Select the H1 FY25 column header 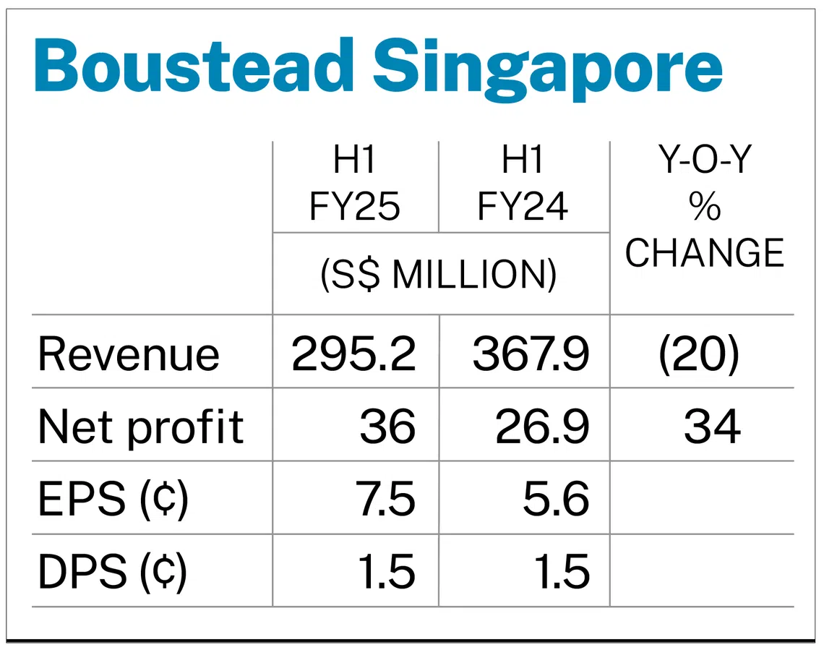coord(355,185)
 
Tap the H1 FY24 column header coord(523,185)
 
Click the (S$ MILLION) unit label coord(439,274)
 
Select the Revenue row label coord(129,354)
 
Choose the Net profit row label coord(141,427)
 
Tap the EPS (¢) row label coord(113,500)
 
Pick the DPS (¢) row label coord(113,572)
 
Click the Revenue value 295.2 coord(353,354)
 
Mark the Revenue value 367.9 coord(531,354)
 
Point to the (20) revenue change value coord(699,354)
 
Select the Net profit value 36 coord(388,427)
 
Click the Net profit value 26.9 coord(542,427)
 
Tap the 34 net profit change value coord(712,427)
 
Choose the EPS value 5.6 coord(556,500)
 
